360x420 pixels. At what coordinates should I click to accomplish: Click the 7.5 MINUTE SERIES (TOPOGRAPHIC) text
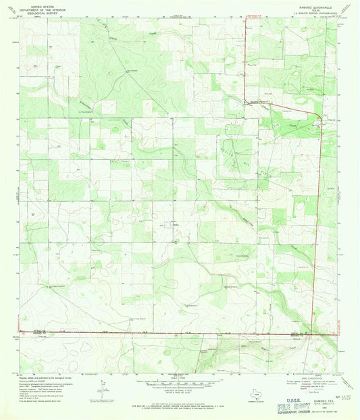[307, 11]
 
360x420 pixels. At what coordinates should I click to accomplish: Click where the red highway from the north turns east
[246, 101]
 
